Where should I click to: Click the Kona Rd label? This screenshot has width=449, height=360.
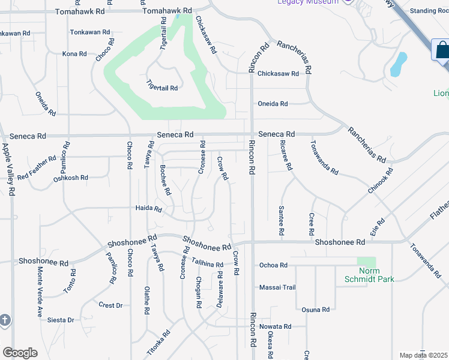tap(75, 54)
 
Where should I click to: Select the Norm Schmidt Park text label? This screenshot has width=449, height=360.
tap(369, 275)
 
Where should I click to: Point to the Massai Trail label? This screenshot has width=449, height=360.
tap(277, 287)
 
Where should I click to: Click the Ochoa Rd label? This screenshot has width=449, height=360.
tap(273, 265)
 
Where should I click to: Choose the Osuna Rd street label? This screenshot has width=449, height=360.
tap(316, 310)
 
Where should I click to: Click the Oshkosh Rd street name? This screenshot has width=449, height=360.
tap(71, 178)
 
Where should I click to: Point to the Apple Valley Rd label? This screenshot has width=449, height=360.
tap(9, 169)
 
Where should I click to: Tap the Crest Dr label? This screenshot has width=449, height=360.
tap(110, 305)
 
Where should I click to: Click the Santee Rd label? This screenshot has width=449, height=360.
tap(281, 220)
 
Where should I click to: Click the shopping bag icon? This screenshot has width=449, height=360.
tap(442, 50)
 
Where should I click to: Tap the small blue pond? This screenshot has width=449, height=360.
tap(398, 64)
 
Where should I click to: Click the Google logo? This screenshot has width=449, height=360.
tap(20, 353)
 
